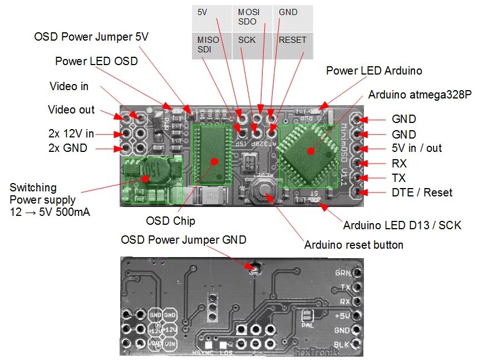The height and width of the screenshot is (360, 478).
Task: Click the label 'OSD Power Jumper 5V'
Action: [91, 37]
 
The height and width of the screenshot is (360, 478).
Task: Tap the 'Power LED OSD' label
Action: [96, 61]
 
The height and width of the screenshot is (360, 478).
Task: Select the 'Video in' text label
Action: [69, 86]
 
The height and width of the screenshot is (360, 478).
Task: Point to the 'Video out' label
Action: [71, 110]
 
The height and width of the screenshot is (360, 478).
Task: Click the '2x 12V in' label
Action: [71, 134]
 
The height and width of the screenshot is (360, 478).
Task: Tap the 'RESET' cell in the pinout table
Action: [293, 40]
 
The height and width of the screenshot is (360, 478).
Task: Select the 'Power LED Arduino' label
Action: [374, 71]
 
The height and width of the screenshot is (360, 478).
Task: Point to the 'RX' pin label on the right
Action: [399, 164]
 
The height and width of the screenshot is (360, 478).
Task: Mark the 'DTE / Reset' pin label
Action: [422, 193]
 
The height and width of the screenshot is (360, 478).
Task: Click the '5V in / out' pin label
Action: [417, 149]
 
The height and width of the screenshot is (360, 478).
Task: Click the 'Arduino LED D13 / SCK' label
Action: [402, 225]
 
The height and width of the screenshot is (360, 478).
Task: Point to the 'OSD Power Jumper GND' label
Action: [184, 240]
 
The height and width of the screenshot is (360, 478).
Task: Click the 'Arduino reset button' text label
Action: [354, 245]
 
